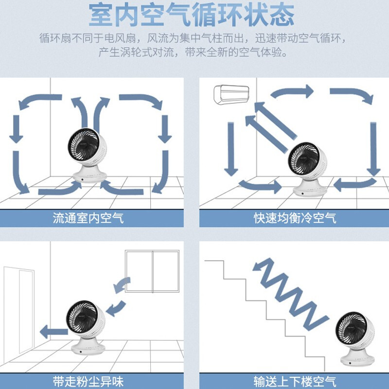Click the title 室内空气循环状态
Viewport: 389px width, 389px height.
(192, 15)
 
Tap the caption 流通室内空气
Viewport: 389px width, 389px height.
(88, 218)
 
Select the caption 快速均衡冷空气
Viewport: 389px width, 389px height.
(295, 218)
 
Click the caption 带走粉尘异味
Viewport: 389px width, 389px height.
(88, 382)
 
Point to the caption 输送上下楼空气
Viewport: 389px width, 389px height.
(295, 382)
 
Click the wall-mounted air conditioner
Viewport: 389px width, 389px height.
(231, 94)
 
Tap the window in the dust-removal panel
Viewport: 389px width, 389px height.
(152, 271)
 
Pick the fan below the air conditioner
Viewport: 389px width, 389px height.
(308, 169)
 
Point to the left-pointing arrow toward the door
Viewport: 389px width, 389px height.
(54, 332)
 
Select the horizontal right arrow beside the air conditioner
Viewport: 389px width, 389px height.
(292, 92)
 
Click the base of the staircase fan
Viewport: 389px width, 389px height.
(357, 358)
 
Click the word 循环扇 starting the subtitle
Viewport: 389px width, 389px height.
(55, 38)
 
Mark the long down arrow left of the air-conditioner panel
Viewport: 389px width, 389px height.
(231, 149)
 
